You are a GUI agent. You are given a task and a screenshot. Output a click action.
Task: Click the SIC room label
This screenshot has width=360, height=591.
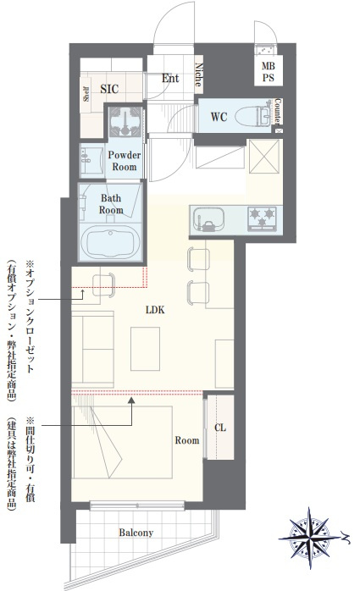[109, 89]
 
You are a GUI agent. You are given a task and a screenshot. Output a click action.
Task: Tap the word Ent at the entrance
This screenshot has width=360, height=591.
[170, 79]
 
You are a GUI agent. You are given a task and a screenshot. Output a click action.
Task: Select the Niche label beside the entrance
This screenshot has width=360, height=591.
[199, 75]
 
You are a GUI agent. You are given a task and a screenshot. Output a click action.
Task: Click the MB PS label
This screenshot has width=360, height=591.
[269, 72]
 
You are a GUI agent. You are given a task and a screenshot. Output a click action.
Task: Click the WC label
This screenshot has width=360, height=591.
[219, 117]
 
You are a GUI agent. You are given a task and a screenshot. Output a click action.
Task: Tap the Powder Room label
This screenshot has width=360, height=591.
[124, 161]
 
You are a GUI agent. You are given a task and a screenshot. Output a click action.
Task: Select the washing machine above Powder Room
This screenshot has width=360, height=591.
[125, 121]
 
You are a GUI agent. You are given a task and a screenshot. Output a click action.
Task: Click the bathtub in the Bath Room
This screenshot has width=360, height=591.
[111, 241]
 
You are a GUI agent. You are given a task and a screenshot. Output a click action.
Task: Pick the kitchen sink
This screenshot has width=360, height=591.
[209, 220]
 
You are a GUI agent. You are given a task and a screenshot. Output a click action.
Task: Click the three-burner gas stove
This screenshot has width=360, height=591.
[263, 218]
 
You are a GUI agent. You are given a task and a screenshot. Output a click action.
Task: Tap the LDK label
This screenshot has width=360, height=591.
[155, 310]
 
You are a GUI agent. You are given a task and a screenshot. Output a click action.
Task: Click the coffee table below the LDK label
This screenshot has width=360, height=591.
[145, 349]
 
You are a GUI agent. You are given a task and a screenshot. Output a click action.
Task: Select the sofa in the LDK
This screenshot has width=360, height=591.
[92, 350]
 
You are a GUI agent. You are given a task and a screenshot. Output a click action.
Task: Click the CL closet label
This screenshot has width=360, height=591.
[220, 428]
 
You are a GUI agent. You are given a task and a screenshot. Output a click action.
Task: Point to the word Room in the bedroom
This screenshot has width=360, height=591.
[187, 440]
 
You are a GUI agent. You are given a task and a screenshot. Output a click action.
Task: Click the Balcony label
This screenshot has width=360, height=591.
[136, 533]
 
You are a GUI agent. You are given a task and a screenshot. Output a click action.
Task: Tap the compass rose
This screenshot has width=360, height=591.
[310, 538]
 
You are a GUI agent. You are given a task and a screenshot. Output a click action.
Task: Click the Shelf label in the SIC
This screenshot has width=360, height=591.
[86, 94]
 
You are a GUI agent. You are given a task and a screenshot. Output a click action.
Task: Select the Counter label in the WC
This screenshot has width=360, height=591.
[278, 112]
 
